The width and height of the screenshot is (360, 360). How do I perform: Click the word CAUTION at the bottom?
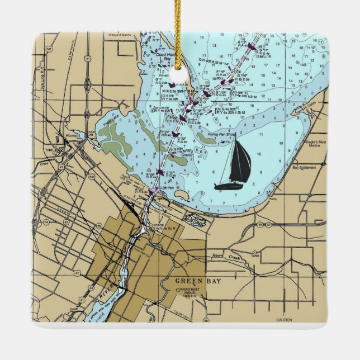(x=284, y=320)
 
